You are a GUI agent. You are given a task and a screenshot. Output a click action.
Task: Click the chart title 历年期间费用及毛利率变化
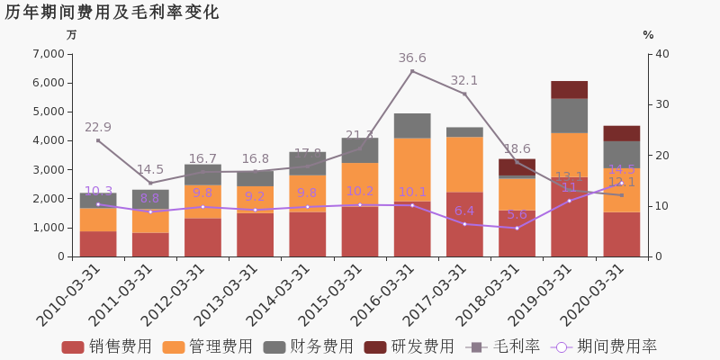point(112,13)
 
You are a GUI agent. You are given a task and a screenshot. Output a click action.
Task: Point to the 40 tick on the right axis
point(662,54)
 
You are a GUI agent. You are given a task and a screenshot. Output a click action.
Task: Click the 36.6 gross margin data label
point(412,58)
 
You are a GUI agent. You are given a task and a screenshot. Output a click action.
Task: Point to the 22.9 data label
point(98,128)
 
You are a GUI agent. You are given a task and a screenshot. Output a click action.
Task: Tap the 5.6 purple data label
point(517,215)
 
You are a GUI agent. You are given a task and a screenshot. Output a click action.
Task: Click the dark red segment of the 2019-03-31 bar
point(569,89)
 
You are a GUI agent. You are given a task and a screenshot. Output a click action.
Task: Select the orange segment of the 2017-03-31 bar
point(464,164)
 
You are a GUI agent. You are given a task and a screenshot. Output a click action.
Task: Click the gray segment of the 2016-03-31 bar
point(412,125)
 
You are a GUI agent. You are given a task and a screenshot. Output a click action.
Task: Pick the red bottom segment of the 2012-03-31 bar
point(202,237)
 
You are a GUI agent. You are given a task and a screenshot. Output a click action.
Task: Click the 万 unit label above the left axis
point(72,35)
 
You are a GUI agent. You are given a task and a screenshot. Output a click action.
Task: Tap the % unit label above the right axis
point(648,35)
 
